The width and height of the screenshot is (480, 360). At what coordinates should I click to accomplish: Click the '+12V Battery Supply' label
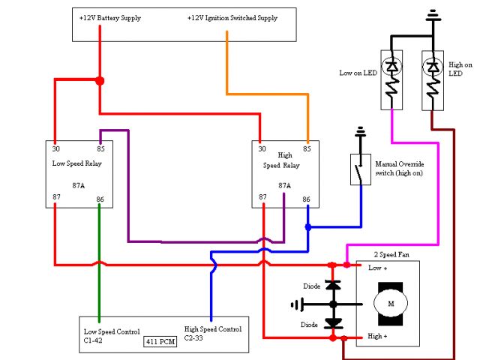[109, 17]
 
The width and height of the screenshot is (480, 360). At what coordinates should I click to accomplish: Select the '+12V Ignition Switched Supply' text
[233, 17]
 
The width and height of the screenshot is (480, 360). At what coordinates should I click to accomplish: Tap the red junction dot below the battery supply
[100, 79]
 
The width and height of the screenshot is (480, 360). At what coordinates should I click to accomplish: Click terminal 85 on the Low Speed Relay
[100, 148]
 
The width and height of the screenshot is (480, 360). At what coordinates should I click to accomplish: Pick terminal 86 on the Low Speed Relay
[100, 199]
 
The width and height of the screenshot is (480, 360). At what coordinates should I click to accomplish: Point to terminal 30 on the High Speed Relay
[262, 148]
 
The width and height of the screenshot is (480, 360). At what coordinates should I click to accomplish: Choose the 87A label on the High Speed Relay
[284, 184]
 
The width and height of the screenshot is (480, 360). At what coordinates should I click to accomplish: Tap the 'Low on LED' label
[357, 73]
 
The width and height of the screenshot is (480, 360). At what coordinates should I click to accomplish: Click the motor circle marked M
[389, 302]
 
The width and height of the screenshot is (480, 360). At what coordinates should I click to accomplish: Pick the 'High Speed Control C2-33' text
[212, 334]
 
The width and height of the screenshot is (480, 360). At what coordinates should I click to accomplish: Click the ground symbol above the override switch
[361, 132]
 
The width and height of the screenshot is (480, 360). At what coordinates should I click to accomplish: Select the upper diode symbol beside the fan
[333, 285]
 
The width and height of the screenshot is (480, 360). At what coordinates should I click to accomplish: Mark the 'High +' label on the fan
[377, 335]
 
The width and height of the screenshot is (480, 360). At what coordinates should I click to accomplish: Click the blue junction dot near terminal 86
[307, 226]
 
